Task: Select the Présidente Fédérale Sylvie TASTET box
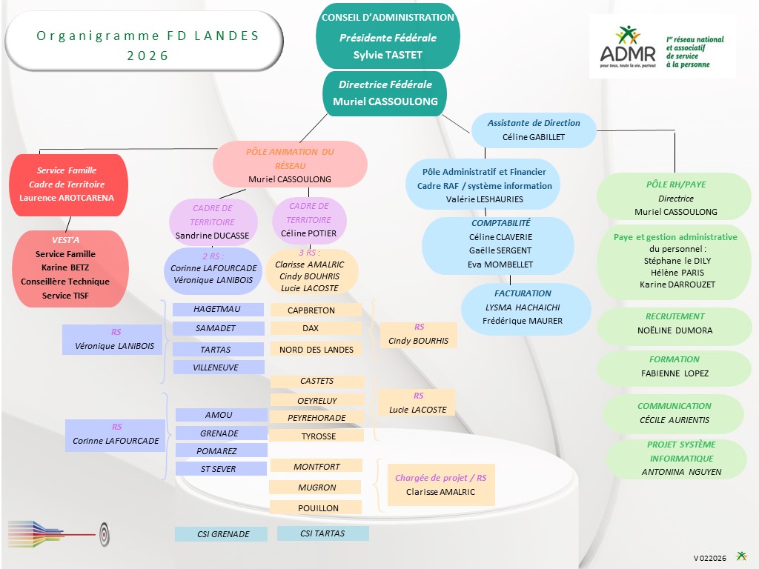coord(388,37)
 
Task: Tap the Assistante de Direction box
coord(534,130)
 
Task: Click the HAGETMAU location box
coord(218,309)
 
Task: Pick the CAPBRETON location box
coord(316,310)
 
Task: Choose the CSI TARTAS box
coord(322,533)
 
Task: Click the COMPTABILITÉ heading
coord(500,222)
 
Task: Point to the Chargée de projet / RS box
coord(441,485)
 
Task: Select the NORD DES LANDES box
coord(316,350)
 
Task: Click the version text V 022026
coord(709,558)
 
